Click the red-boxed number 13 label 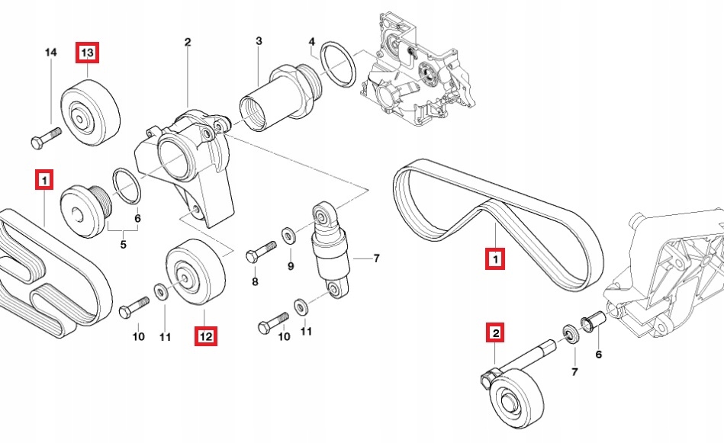[x=87, y=53]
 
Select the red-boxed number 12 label [x=205, y=335]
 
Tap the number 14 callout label [x=51, y=53]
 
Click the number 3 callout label [x=259, y=40]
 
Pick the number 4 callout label [x=312, y=40]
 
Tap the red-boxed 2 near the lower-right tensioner [x=495, y=332]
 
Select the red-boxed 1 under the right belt [x=495, y=260]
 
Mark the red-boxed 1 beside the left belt [x=45, y=180]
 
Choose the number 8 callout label [x=255, y=281]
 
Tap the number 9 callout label [x=291, y=266]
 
